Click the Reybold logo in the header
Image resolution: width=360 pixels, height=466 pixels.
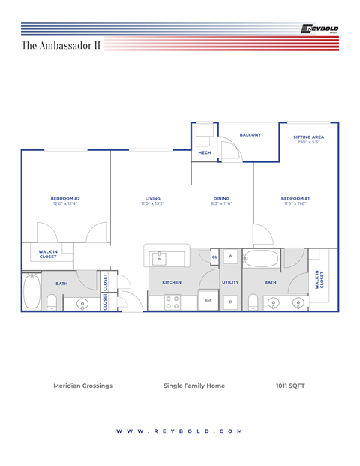tap(319, 29)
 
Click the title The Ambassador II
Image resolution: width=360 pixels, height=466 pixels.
tap(61, 46)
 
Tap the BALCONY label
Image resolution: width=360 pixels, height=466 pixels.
tap(250, 135)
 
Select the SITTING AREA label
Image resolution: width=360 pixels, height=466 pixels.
tap(308, 137)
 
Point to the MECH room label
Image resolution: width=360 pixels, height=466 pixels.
tap(204, 153)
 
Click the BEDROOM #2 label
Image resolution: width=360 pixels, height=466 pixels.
tap(65, 198)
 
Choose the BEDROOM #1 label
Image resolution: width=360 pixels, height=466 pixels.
tap(295, 198)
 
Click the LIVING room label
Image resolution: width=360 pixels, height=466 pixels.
tap(152, 198)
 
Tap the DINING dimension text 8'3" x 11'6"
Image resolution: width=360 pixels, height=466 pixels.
tap(221, 203)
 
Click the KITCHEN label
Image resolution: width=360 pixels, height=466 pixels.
tap(172, 282)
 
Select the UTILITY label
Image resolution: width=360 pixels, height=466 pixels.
tap(230, 282)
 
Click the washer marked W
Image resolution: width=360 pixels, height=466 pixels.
tap(230, 256)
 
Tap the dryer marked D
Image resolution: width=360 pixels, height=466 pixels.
tap(230, 302)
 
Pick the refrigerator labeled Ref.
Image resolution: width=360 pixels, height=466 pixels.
tap(208, 301)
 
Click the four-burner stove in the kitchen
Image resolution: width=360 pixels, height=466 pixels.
tap(171, 302)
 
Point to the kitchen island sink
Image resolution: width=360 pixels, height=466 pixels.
tap(159, 259)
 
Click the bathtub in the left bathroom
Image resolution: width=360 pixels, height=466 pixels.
tap(31, 290)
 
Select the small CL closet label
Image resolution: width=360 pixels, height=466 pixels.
tap(214, 257)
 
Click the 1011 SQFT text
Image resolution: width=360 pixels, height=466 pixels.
tap(290, 386)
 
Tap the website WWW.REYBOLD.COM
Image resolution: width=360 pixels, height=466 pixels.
tap(179, 431)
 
